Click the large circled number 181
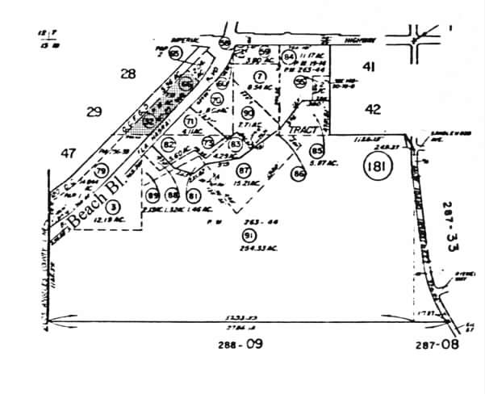click(x=377, y=168)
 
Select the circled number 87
click(x=244, y=170)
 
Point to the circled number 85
click(x=316, y=150)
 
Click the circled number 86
click(x=299, y=172)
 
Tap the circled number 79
click(x=101, y=171)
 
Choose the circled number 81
click(x=194, y=195)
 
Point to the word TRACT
click(x=291, y=130)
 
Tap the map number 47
click(x=68, y=152)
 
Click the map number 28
click(x=128, y=74)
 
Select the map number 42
click(x=372, y=109)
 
